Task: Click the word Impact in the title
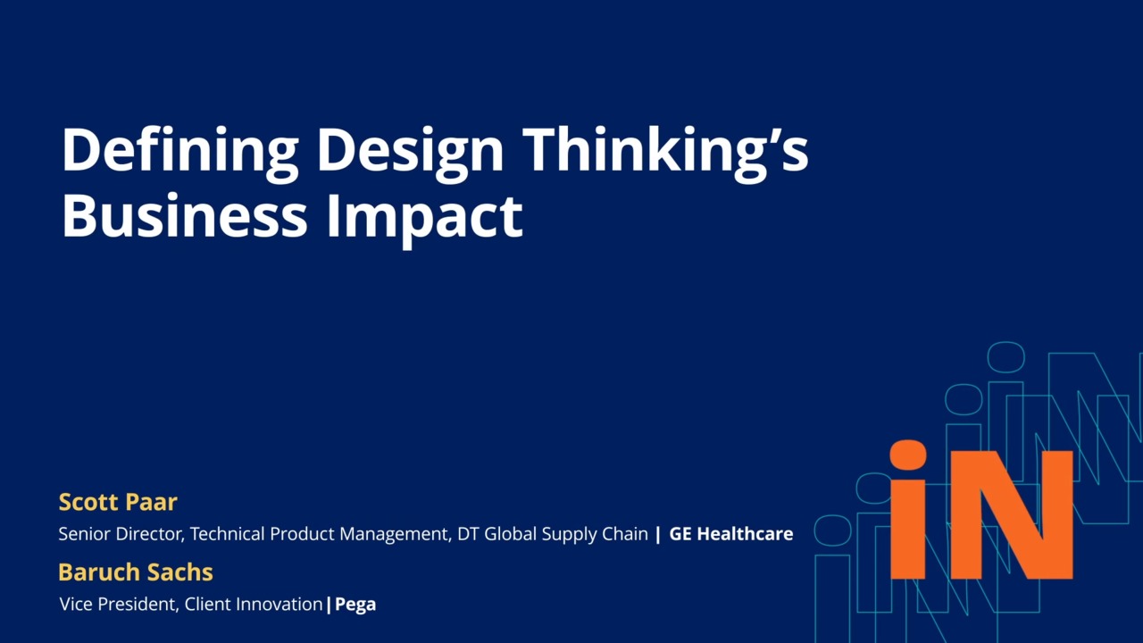pyautogui.click(x=424, y=220)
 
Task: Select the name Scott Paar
pyautogui.click(x=118, y=502)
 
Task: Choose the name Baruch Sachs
pyautogui.click(x=136, y=572)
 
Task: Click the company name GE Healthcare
pyautogui.click(x=731, y=534)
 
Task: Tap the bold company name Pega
pyautogui.click(x=355, y=605)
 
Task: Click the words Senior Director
pyautogui.click(x=121, y=534)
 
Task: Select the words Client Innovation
pyautogui.click(x=254, y=605)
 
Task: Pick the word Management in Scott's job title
pyautogui.click(x=395, y=535)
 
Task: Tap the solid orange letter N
pyautogui.click(x=1012, y=515)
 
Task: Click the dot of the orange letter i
pyautogui.click(x=908, y=455)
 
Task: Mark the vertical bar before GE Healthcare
pyautogui.click(x=658, y=535)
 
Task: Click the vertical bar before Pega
pyautogui.click(x=329, y=605)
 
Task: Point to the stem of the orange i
pyautogui.click(x=908, y=530)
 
